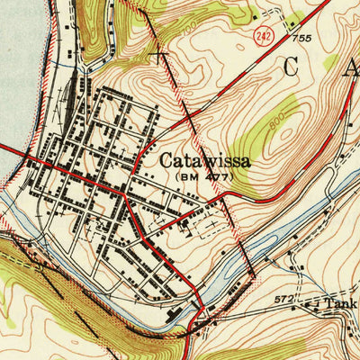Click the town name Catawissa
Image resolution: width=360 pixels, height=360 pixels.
[205, 161]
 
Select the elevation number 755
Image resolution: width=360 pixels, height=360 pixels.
[302, 39]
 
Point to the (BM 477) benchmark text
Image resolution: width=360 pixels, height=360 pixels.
[203, 177]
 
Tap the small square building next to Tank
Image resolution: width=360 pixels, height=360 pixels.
[316, 307]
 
